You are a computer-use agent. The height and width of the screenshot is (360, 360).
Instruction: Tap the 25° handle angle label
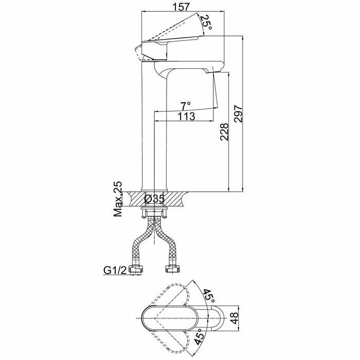pos(206,22)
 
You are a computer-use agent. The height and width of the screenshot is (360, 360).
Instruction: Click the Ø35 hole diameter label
pos(154,198)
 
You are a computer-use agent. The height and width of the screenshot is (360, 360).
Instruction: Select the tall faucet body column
pos(154,129)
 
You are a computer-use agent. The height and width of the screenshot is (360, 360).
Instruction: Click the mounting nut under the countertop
pos(154,209)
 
